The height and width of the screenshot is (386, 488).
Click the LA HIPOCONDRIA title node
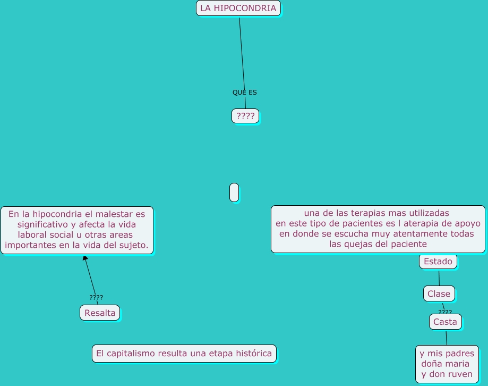[x=238, y=9]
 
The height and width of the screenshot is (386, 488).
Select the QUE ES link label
[x=244, y=93]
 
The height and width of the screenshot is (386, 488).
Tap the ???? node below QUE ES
[x=245, y=116]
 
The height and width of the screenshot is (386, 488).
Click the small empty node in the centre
[x=234, y=192]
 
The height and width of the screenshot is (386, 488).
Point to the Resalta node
[x=100, y=313]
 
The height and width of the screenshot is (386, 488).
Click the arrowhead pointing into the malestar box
[x=85, y=258]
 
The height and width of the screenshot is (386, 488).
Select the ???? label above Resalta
[x=96, y=298]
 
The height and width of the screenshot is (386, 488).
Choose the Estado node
[x=438, y=262]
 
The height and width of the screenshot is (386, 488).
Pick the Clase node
[x=439, y=293]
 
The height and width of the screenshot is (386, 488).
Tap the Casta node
[x=445, y=322]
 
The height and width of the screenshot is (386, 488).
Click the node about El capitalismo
[x=184, y=354]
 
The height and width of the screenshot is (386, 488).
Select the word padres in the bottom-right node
[x=460, y=354]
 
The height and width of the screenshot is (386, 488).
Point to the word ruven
[x=460, y=374]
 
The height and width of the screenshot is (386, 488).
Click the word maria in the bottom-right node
[x=457, y=364]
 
